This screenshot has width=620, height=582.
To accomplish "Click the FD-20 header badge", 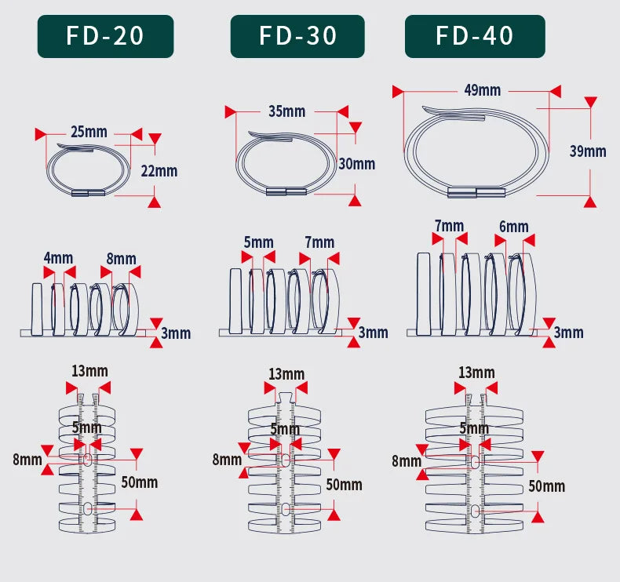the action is pyautogui.click(x=106, y=36).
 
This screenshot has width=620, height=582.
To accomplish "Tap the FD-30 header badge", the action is pyautogui.click(x=297, y=36).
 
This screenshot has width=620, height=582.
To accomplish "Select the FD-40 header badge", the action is pyautogui.click(x=475, y=36).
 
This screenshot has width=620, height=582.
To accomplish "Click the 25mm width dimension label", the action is pyautogui.click(x=89, y=132).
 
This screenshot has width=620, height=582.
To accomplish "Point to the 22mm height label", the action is pyautogui.click(x=159, y=171).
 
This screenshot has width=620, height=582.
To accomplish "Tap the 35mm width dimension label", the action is pyautogui.click(x=286, y=111).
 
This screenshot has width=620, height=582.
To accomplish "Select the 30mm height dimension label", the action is pyautogui.click(x=356, y=164).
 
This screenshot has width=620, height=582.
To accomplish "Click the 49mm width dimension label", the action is pyautogui.click(x=483, y=90).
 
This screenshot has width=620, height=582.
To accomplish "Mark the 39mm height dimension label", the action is pyautogui.click(x=588, y=151).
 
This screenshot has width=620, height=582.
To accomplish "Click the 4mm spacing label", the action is pyautogui.click(x=59, y=258).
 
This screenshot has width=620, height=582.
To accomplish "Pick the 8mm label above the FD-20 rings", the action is pyautogui.click(x=122, y=259).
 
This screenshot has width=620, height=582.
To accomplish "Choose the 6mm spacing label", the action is pyautogui.click(x=513, y=227).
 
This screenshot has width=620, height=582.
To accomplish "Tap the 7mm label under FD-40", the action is pyautogui.click(x=449, y=226).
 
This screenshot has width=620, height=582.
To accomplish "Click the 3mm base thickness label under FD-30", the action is pyautogui.click(x=373, y=333).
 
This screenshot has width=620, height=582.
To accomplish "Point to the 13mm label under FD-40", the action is pyautogui.click(x=476, y=373).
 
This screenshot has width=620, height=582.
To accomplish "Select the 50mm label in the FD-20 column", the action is pyautogui.click(x=139, y=482).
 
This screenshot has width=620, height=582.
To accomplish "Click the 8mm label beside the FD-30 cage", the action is pyautogui.click(x=227, y=460).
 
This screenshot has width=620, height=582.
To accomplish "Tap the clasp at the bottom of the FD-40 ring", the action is pyautogui.click(x=476, y=192).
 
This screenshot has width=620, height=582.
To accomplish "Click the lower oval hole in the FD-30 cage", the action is pyautogui.click(x=286, y=509).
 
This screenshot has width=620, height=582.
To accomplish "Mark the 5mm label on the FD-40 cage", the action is pyautogui.click(x=474, y=428).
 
